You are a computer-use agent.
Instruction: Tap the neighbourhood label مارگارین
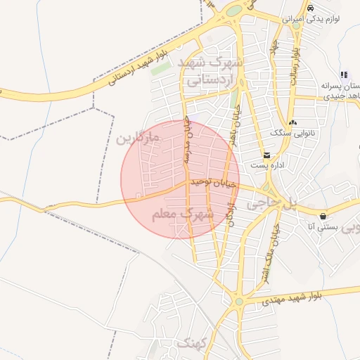[x=139, y=138]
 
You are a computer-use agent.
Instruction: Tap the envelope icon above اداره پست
[x=266, y=155]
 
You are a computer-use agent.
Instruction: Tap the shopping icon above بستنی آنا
[x=323, y=216]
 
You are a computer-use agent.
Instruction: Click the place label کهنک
[x=191, y=344]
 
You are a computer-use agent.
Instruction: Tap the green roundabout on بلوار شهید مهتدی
[x=239, y=302]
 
